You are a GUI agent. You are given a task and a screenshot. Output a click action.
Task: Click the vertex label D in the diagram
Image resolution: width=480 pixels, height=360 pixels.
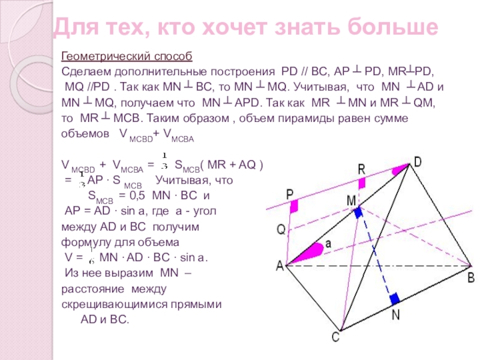pos(418,161)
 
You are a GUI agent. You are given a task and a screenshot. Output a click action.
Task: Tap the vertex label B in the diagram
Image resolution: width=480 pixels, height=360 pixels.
pos(471,277)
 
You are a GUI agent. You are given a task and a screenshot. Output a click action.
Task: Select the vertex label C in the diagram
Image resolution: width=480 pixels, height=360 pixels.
pos(336,338)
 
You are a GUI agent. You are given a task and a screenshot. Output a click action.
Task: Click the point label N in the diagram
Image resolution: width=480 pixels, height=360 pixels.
pos(396,314)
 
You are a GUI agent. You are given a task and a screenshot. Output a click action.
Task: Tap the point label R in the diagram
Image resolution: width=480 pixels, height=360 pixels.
pos(361,169)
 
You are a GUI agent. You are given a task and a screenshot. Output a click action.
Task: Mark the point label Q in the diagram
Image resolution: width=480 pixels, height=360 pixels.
pos(280,230)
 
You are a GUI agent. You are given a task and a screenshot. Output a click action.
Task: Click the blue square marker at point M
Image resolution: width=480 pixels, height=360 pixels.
pos(358,212)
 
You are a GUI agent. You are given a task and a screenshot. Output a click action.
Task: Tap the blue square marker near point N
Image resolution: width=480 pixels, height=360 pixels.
pos(394,299)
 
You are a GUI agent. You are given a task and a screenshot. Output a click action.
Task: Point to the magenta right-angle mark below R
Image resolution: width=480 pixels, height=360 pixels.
pos(362,186)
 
